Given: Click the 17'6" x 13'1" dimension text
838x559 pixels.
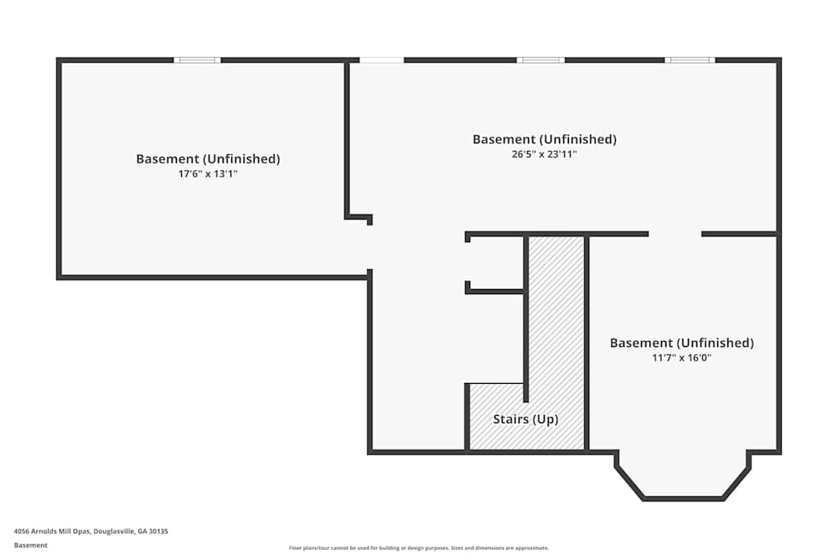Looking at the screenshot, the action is click(x=208, y=173).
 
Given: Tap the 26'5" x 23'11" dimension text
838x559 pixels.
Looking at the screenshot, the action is click(x=544, y=154).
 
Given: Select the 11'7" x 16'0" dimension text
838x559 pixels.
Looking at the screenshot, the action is click(x=681, y=358).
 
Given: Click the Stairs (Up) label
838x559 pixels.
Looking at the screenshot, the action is click(x=525, y=419).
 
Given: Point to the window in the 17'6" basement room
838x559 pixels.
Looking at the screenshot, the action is click(x=197, y=60).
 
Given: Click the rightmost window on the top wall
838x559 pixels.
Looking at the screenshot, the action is click(x=690, y=60).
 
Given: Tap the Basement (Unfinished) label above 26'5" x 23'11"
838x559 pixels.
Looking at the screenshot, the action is click(x=544, y=139).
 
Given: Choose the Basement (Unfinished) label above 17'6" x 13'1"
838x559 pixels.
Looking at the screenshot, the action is click(x=208, y=158).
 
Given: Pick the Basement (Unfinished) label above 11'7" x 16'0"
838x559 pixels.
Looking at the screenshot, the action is click(x=681, y=343).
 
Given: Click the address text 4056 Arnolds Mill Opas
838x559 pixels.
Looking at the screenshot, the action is click(x=53, y=531).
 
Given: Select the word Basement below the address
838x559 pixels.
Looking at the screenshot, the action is click(x=30, y=545).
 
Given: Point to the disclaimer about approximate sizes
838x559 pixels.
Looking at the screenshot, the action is click(x=418, y=548).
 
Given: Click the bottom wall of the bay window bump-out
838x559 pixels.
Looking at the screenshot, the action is click(x=682, y=499).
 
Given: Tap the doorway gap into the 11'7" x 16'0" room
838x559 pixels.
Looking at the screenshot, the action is click(x=675, y=234).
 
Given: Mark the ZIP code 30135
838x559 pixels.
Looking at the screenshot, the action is click(x=158, y=531).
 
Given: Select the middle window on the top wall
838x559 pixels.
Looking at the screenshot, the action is click(x=541, y=60).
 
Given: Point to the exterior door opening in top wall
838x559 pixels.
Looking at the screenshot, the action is click(x=381, y=60).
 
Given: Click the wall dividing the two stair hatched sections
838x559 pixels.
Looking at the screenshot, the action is click(x=526, y=318).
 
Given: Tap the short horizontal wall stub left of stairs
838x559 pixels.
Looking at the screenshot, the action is click(x=494, y=292).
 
